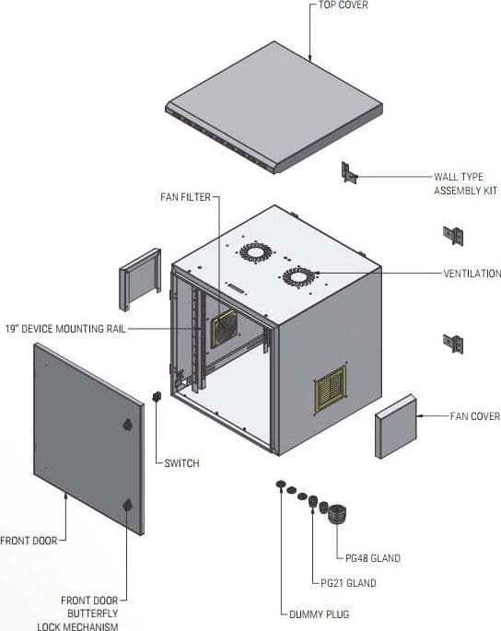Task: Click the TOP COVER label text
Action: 343,5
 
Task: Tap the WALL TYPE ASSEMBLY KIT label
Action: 466,183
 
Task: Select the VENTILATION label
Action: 472,274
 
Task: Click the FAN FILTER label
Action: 185,197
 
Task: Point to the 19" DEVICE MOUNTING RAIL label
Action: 65,329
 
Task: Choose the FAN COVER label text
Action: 475,416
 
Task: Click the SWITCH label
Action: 182,463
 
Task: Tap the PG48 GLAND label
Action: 373,558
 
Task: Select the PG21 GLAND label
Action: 348,583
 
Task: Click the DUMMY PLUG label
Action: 320,614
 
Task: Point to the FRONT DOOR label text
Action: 29,541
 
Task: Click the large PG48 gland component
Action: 337,513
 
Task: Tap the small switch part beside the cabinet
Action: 157,396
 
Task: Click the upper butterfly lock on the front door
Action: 127,425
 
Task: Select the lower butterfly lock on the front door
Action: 127,505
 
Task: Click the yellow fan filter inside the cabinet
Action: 224,328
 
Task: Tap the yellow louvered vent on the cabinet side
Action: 331,389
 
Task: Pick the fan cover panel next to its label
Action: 396,427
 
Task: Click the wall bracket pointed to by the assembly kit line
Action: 349,173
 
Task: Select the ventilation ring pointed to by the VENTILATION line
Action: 298,277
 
